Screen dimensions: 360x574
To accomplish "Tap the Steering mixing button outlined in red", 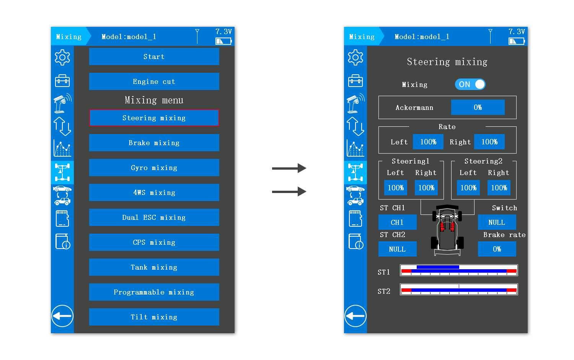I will click(x=154, y=118).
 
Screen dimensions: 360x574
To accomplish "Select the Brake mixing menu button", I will click(x=154, y=143).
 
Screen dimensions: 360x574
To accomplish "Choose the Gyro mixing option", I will click(x=154, y=168).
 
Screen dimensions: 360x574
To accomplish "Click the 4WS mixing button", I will click(x=154, y=193).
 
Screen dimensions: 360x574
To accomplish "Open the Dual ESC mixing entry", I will click(x=154, y=218).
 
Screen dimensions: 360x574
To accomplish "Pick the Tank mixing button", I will click(x=154, y=267).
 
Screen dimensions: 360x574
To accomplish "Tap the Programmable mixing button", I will click(x=154, y=292).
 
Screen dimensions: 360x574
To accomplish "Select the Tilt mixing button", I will click(x=154, y=317).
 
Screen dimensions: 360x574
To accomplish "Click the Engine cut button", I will click(x=154, y=82).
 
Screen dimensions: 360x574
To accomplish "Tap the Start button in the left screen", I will click(x=154, y=57).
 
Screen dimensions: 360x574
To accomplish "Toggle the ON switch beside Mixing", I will click(x=470, y=84).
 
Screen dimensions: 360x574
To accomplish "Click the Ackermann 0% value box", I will click(x=478, y=107).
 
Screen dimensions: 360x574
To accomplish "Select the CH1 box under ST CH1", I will click(x=397, y=222).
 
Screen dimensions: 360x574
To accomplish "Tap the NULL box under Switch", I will click(x=497, y=222).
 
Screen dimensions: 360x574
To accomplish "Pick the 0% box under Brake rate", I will click(x=497, y=249).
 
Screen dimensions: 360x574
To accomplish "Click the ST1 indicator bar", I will click(x=459, y=270).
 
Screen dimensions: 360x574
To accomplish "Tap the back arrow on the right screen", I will click(x=355, y=316).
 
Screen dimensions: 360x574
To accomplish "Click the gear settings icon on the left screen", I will click(x=62, y=57).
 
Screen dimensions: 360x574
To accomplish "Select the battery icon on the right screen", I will click(x=517, y=41).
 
